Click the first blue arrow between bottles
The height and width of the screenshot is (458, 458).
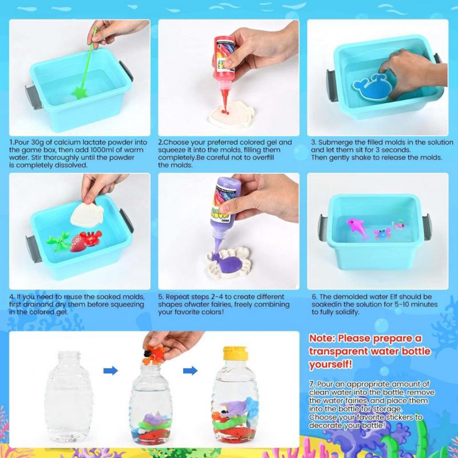pyautogui.click(x=110, y=371)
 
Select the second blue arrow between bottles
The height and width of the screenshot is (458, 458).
pyautogui.click(x=190, y=371)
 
